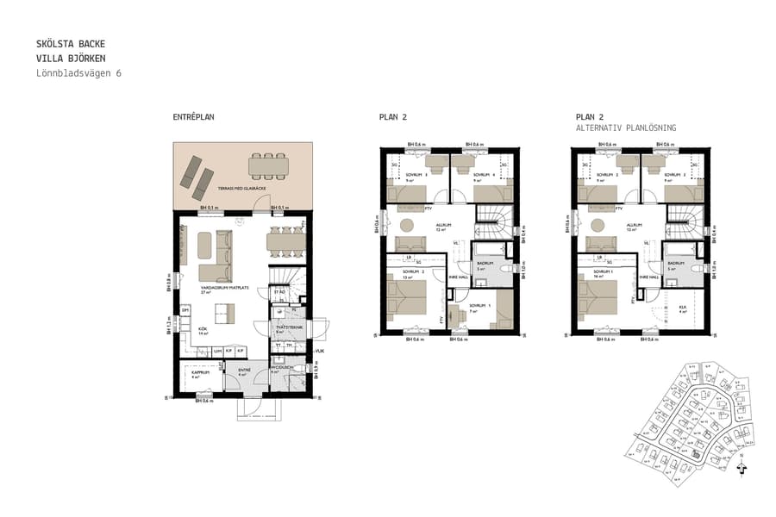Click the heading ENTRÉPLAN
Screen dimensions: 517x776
coord(193,116)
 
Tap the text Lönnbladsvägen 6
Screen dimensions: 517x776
coord(78,73)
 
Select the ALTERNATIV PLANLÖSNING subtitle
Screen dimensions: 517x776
coord(626,128)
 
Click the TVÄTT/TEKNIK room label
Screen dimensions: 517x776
coord(287,327)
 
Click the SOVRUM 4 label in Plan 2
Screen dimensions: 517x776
coord(483,174)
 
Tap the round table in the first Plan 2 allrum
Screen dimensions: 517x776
coord(406,226)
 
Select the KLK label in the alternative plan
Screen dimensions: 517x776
coord(681,307)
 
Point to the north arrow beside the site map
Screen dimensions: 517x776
coord(742,470)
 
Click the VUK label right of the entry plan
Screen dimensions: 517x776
coord(319,351)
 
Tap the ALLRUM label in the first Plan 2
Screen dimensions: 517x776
coord(444,225)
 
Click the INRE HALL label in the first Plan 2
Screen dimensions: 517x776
coord(458,277)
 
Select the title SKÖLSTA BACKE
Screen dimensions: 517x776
coord(72,43)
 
